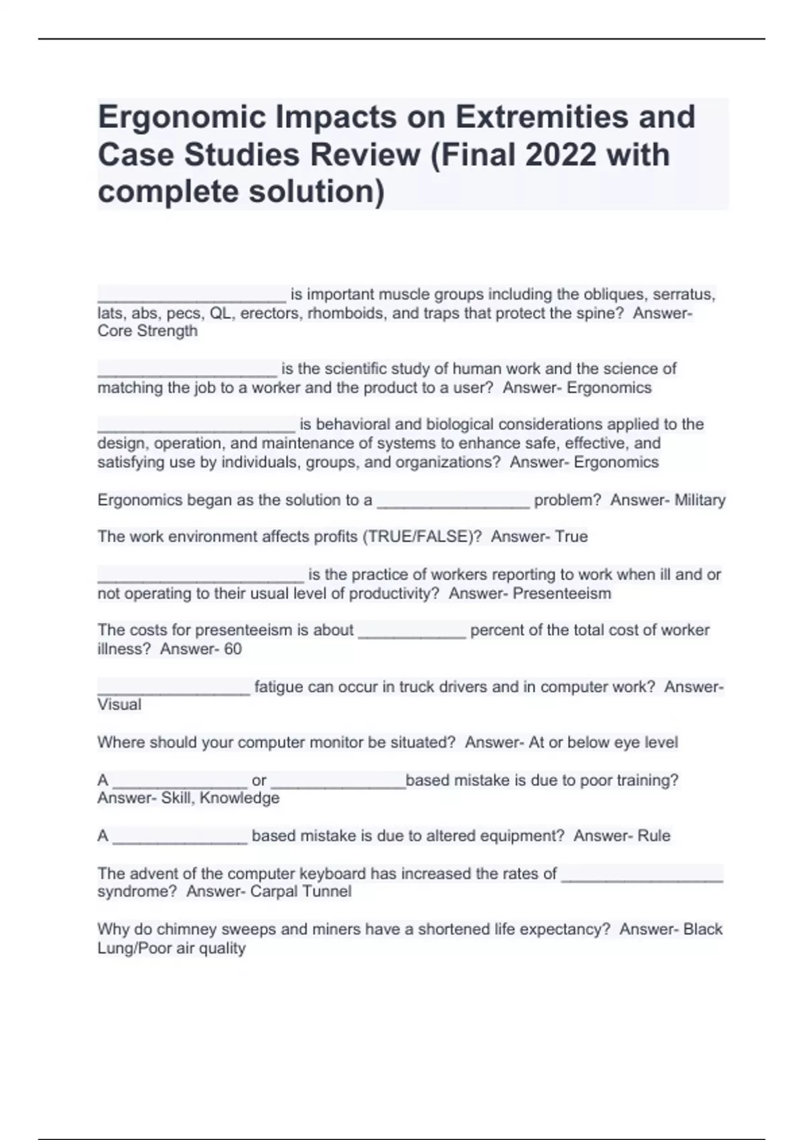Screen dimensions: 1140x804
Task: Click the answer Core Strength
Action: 147,331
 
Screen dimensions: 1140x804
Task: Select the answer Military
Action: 699,500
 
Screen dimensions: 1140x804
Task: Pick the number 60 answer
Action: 232,649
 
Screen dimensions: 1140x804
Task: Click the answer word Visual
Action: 119,705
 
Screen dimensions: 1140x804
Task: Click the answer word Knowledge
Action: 239,798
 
